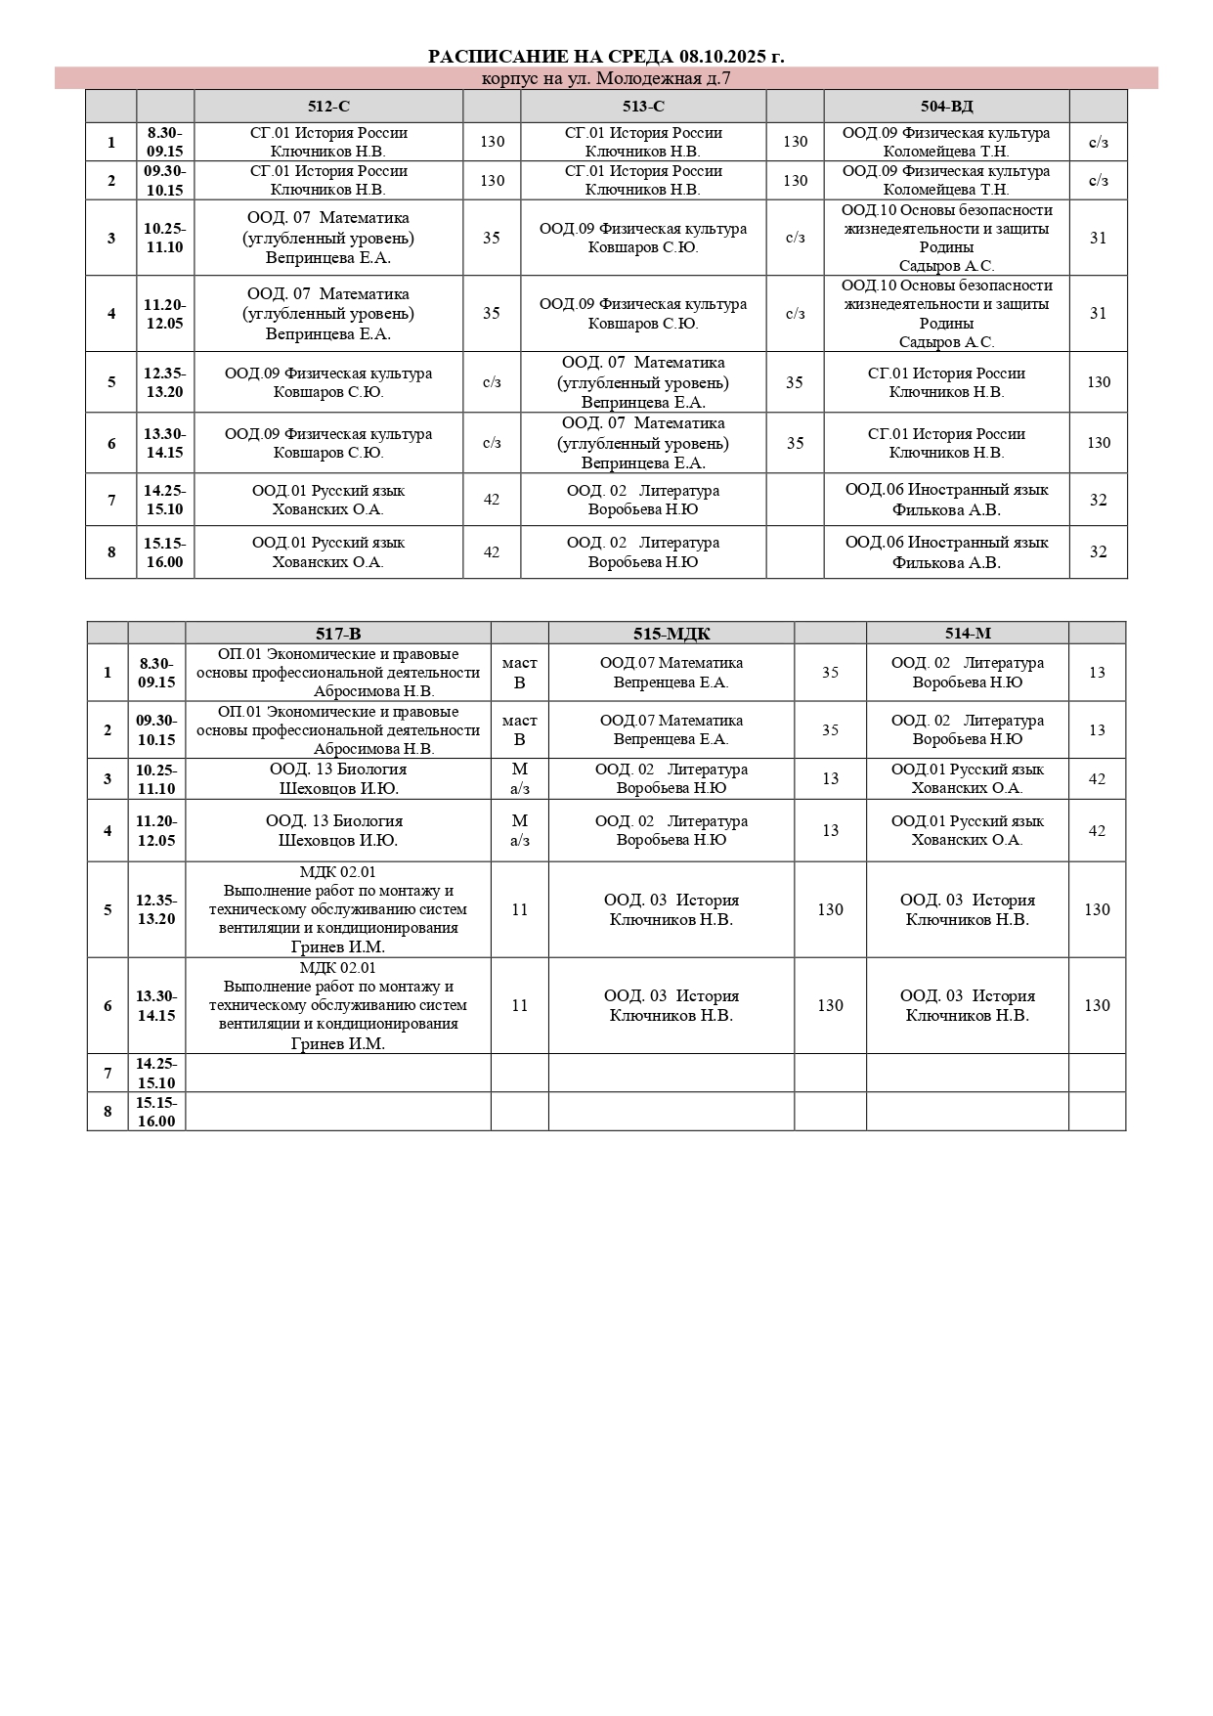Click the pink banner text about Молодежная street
point(606,79)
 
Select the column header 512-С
point(328,107)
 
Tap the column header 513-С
point(643,107)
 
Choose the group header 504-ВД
point(946,107)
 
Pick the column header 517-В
point(338,634)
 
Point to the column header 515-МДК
point(671,634)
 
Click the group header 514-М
point(968,634)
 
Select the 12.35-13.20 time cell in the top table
point(165,382)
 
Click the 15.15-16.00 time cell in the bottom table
point(156,1112)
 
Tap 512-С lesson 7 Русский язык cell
point(328,500)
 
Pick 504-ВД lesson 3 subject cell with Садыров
point(946,238)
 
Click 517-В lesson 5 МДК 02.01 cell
point(338,909)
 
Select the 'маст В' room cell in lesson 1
point(520,673)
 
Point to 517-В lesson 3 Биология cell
point(338,779)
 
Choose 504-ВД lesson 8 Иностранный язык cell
point(946,552)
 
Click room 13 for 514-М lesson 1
point(1097,673)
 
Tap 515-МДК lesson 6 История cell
point(671,1006)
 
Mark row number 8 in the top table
point(111,552)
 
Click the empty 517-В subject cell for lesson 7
point(338,1074)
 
